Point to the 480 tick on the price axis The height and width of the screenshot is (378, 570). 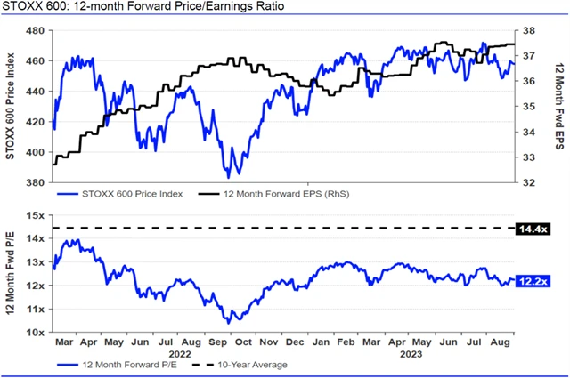[35, 30]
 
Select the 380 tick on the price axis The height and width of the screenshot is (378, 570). [35, 182]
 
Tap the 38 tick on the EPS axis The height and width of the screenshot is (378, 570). [526, 30]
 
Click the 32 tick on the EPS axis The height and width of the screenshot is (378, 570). [526, 182]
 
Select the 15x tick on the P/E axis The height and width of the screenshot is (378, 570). [34, 215]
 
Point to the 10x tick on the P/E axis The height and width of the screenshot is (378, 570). [34, 332]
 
